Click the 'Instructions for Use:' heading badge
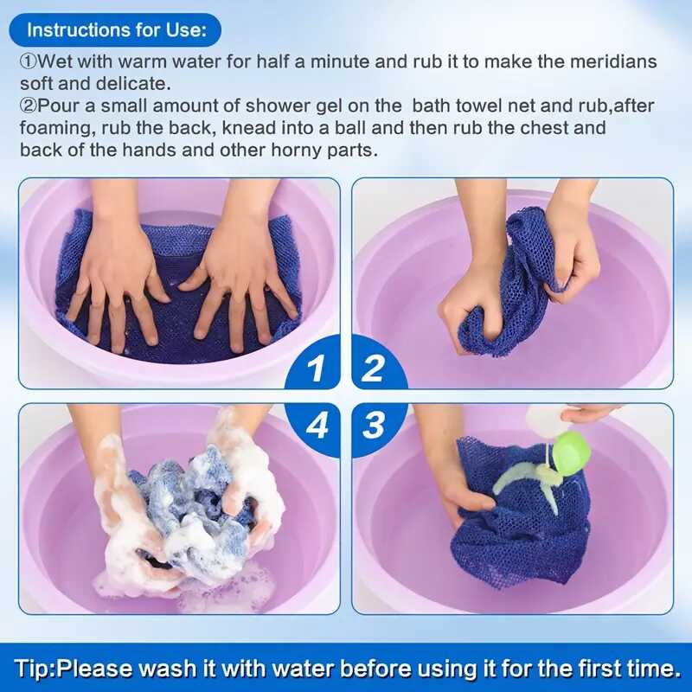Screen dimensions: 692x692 (116, 29)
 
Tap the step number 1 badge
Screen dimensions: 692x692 (317, 369)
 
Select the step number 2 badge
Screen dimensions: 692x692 (373, 369)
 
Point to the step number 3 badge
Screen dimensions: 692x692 (373, 425)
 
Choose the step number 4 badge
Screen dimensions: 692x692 (317, 425)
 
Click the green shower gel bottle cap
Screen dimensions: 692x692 (570, 451)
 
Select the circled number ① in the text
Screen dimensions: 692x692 (29, 62)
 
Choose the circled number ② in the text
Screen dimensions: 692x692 (29, 106)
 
